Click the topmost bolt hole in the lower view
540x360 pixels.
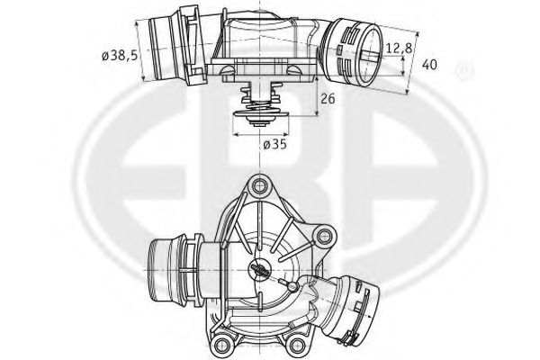[x=262, y=188]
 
